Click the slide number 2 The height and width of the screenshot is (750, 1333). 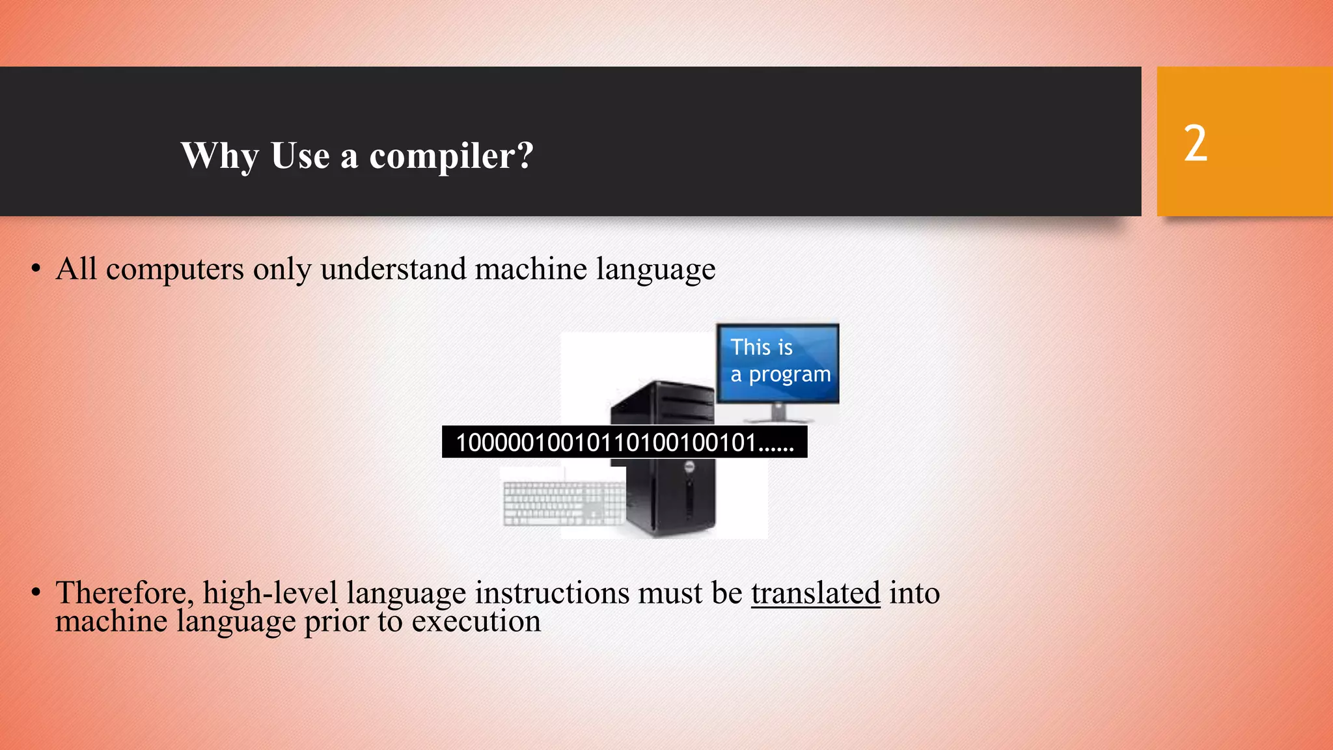1195,144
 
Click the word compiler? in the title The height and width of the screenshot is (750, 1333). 451,156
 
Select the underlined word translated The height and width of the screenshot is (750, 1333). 815,593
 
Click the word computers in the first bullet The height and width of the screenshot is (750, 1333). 174,269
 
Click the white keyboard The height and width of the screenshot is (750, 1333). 564,503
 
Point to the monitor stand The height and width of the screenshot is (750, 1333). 778,413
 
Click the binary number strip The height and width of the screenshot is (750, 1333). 624,443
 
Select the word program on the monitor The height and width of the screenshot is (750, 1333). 790,375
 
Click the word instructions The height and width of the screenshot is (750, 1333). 552,593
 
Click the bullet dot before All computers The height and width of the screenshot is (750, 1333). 36,269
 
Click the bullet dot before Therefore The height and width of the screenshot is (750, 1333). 36,593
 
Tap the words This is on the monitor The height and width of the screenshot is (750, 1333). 761,348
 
